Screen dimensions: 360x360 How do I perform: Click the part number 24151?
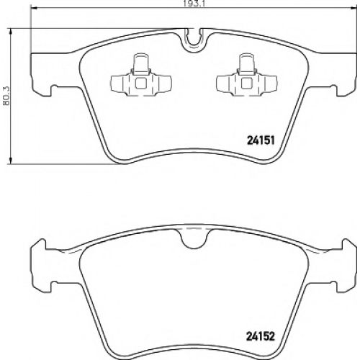(261, 140)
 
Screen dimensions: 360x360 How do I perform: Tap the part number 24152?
(261, 336)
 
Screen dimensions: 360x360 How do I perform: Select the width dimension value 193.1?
(194, 4)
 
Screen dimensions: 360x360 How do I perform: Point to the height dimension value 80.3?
(6, 96)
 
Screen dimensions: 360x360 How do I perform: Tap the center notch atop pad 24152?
(194, 238)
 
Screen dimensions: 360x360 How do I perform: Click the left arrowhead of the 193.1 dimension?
(34, 9)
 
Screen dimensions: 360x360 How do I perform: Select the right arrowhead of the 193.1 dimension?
(354, 9)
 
